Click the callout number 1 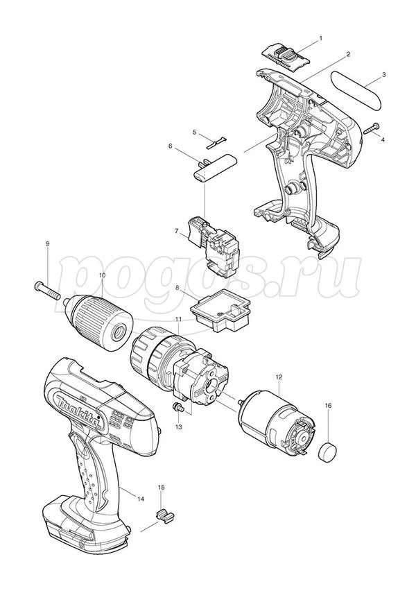tap(321, 38)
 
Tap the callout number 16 tap(328, 406)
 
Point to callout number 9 tap(48, 244)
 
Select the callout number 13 tap(178, 427)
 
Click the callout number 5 tap(194, 132)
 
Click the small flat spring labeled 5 tap(217, 143)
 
